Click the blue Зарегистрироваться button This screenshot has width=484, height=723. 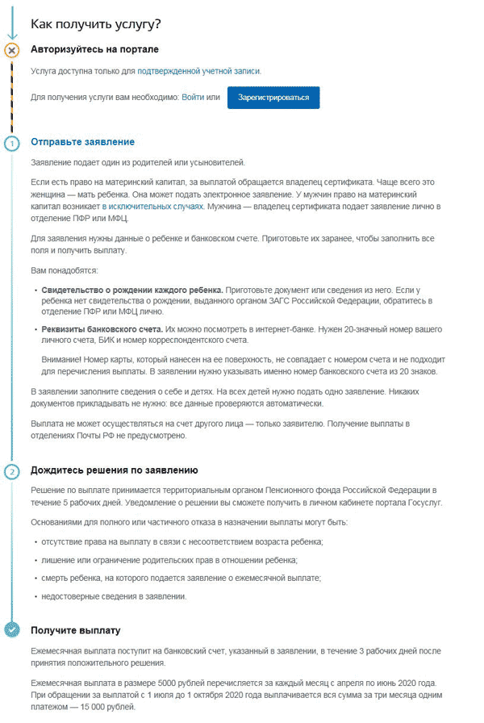(273, 98)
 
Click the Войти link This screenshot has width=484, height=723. (193, 98)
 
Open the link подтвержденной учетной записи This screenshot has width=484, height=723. (199, 71)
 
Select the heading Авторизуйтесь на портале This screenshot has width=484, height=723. (94, 49)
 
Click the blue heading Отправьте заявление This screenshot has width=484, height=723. (82, 142)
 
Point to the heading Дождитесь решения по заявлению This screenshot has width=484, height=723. (114, 470)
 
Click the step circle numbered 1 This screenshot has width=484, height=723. (11, 144)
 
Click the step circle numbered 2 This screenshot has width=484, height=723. (11, 471)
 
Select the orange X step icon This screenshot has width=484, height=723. (11, 50)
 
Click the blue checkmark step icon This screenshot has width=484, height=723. (11, 630)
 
